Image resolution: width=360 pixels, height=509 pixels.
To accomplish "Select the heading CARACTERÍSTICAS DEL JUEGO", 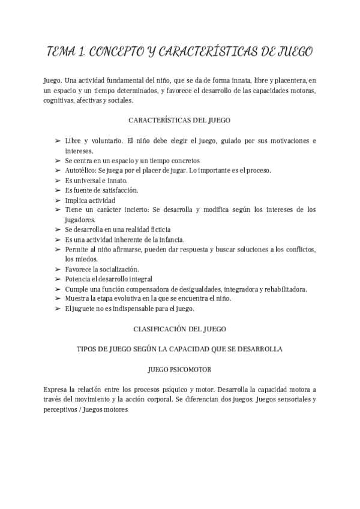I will pos(179,120).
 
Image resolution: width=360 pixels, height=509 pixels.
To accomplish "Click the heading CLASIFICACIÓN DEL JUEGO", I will pos(179,329).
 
